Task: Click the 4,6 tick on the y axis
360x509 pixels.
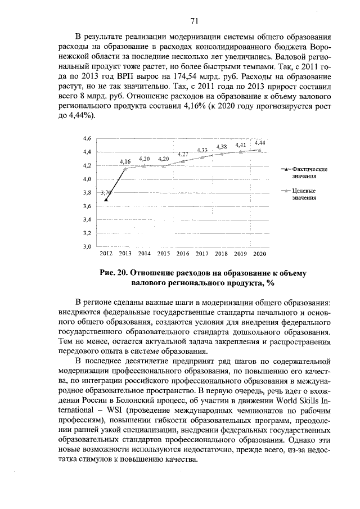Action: (x=87, y=138)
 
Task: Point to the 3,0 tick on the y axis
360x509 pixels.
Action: (x=87, y=246)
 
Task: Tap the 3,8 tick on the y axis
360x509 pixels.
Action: (x=87, y=192)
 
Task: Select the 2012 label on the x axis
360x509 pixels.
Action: (x=106, y=254)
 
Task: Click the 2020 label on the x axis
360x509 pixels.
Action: (x=259, y=254)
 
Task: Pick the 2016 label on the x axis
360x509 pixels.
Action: (x=183, y=254)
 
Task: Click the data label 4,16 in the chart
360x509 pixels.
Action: (x=125, y=161)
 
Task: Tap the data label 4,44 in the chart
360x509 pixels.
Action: (x=260, y=143)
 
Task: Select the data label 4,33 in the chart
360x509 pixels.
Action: (x=202, y=150)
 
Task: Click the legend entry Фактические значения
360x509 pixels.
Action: (x=309, y=172)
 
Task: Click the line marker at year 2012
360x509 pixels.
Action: (x=106, y=199)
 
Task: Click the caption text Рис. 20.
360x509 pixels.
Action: (x=114, y=273)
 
